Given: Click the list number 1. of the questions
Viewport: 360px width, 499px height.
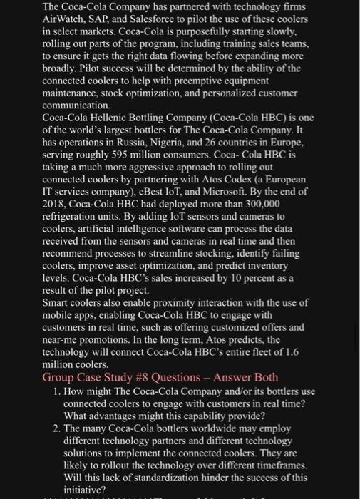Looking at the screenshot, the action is (x=57, y=391).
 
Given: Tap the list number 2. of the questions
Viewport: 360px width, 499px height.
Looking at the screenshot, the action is (x=57, y=428).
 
